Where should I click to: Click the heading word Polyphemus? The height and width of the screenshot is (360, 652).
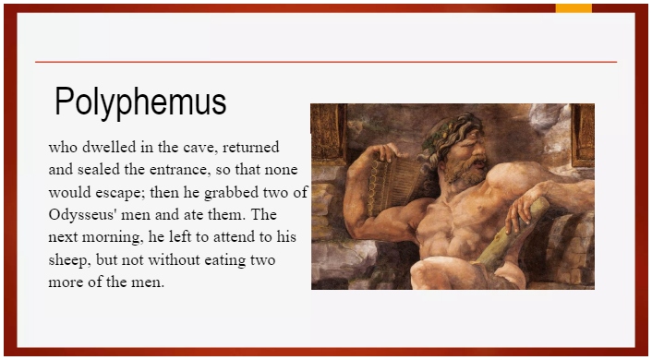click(140, 102)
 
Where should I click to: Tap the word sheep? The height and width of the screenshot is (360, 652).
click(67, 259)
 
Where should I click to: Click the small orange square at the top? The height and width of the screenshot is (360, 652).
click(574, 7)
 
